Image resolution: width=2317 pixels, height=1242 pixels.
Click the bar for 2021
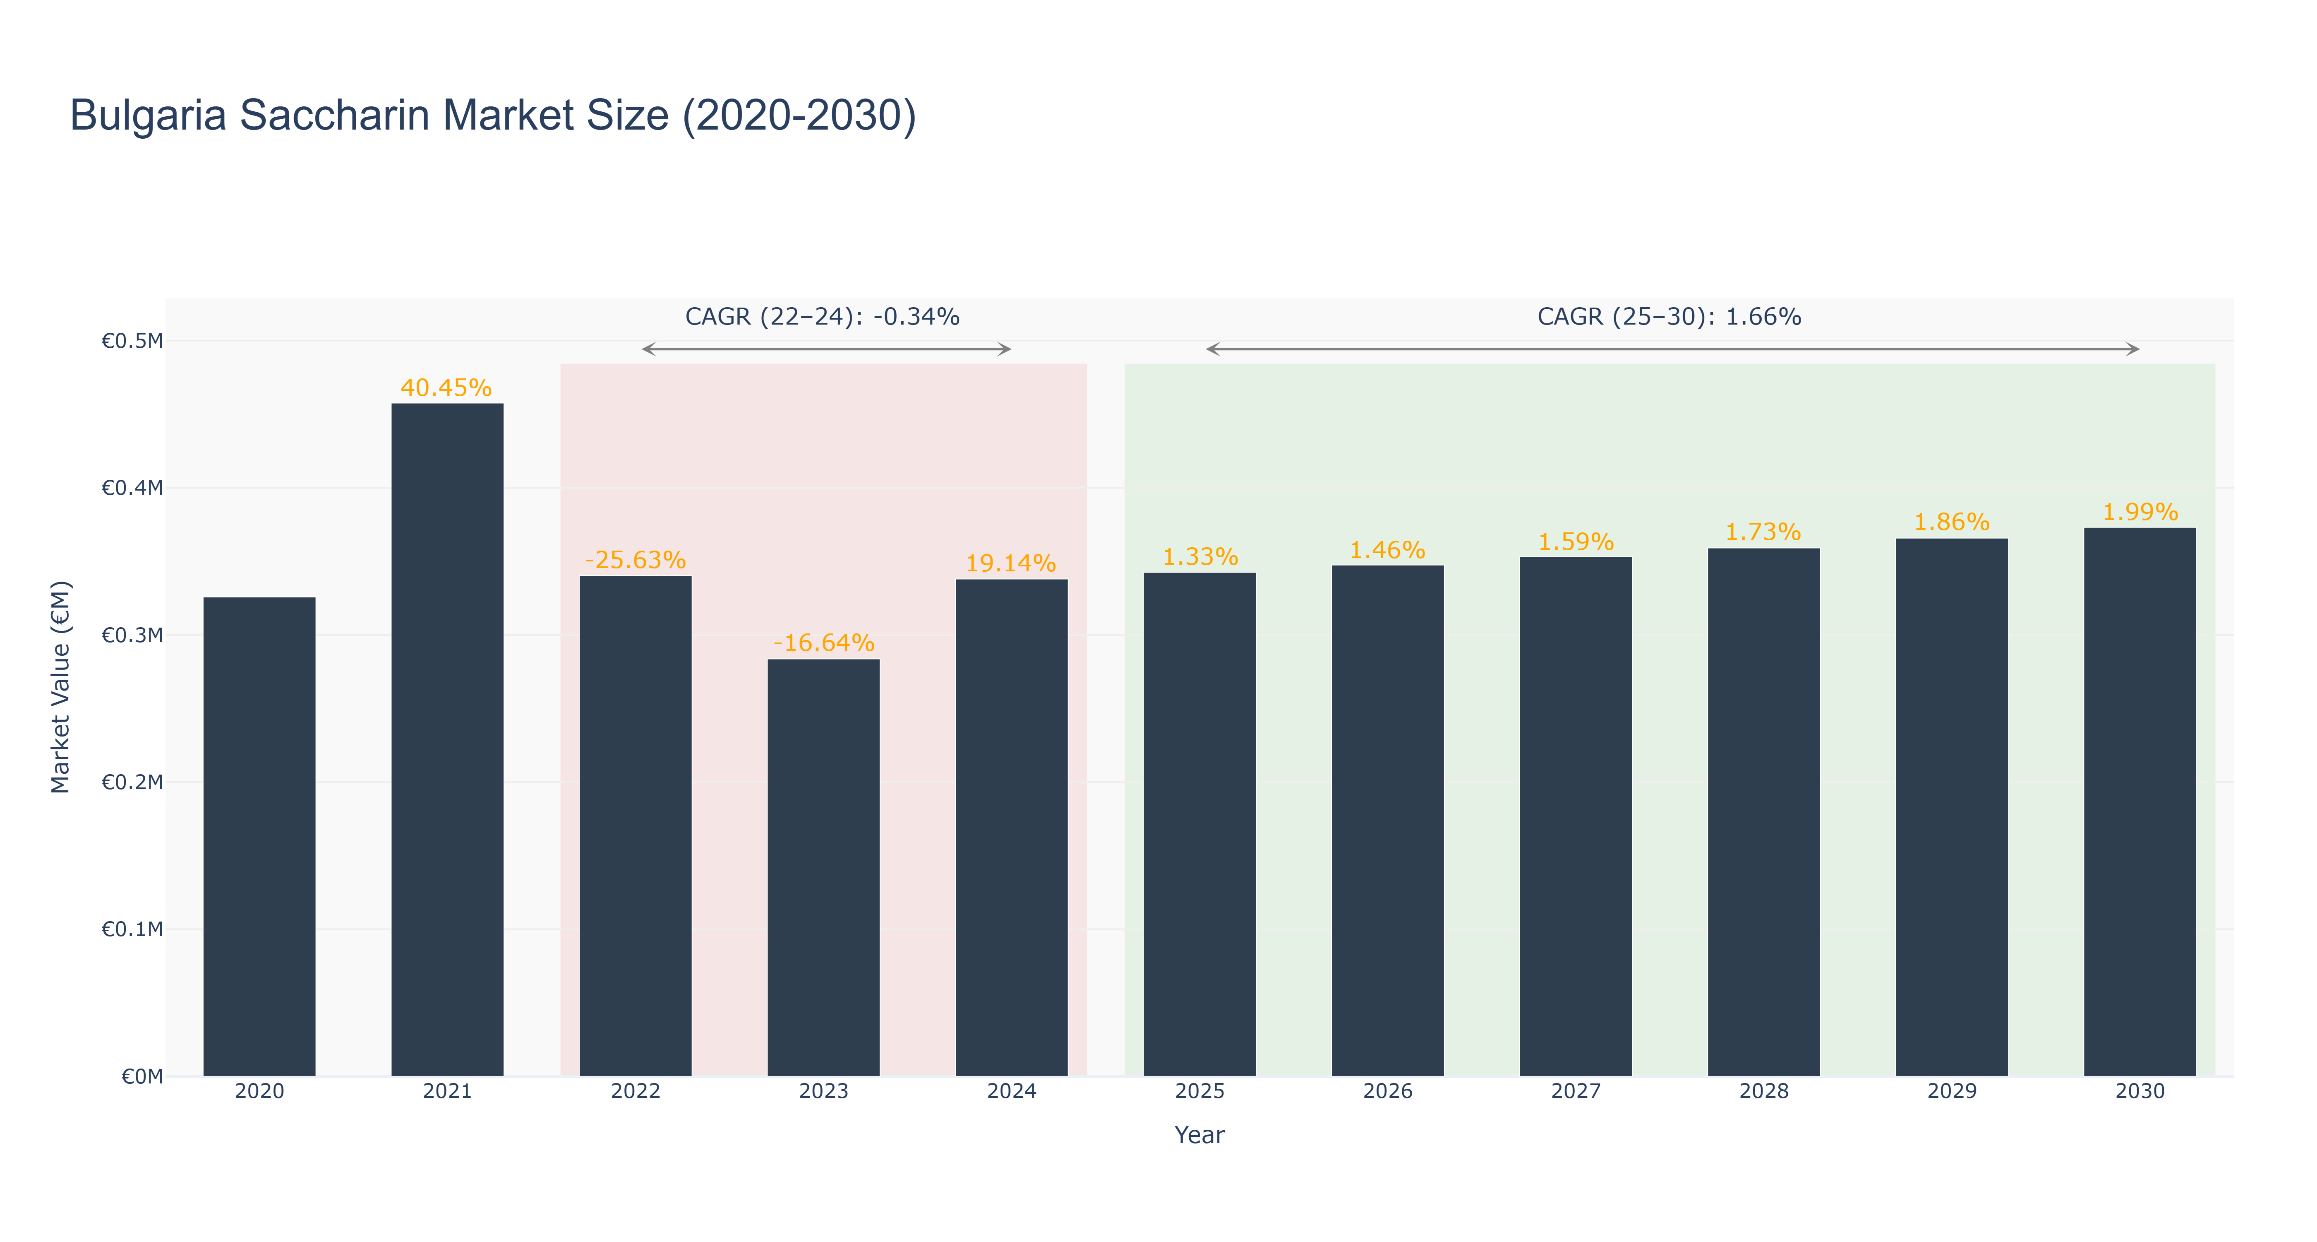[x=447, y=740]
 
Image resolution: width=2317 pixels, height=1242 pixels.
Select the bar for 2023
[x=823, y=868]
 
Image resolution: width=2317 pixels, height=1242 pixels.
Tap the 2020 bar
[x=259, y=837]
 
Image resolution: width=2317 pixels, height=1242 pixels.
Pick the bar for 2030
[x=2140, y=802]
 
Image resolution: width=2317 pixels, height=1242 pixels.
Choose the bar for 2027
[x=1576, y=817]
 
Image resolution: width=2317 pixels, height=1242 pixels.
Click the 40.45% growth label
[x=446, y=388]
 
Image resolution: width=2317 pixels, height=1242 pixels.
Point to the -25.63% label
[x=635, y=560]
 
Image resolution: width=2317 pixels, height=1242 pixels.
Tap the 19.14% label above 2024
[x=1011, y=563]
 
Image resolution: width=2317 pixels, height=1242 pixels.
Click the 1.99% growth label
[x=2140, y=512]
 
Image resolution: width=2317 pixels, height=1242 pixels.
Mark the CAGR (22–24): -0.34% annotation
[x=822, y=317]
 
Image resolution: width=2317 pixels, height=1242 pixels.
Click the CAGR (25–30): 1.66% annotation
[x=1669, y=317]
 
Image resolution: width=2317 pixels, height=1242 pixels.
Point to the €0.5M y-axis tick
[x=132, y=341]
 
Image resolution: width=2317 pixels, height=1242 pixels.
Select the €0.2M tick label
[x=132, y=782]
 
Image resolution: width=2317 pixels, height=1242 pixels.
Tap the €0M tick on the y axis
[x=142, y=1076]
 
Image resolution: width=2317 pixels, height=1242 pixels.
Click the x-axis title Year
[x=1200, y=1135]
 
